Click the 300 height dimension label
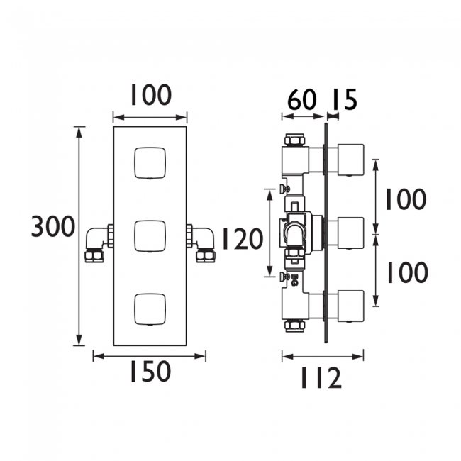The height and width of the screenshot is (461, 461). tap(53, 227)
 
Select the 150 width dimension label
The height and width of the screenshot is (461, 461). tap(150, 372)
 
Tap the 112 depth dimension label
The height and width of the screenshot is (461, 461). tap(321, 378)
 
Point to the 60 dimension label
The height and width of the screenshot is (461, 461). tap(301, 99)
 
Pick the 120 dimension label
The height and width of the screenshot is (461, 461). tap(243, 239)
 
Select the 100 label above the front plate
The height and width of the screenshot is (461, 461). tap(150, 94)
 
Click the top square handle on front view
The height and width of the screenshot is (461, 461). tap(150, 163)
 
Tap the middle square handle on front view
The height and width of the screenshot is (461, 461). tap(150, 236)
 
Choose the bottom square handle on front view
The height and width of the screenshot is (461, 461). tap(150, 309)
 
